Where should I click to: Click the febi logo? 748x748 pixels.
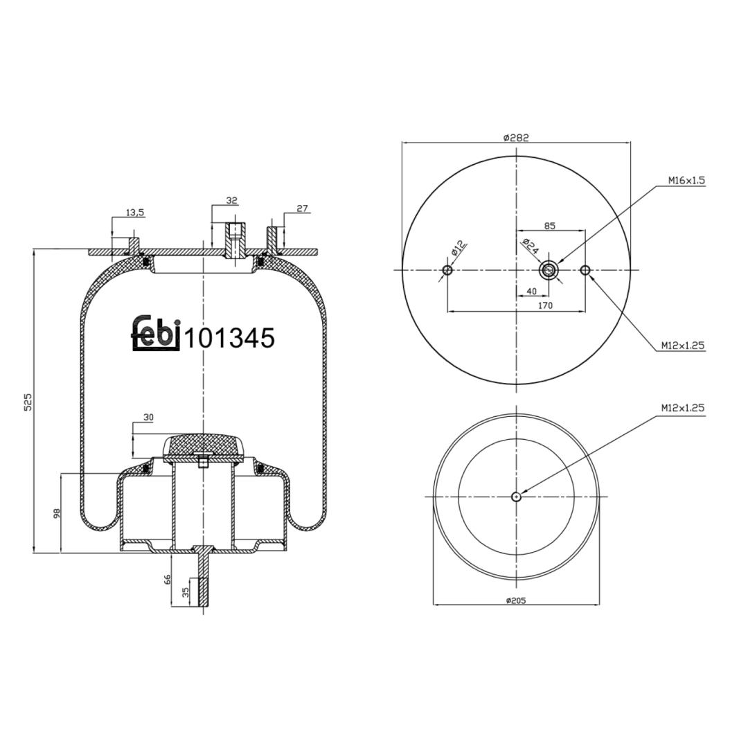point(155,333)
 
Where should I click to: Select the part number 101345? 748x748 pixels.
point(229,338)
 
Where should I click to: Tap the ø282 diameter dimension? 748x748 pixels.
point(516,138)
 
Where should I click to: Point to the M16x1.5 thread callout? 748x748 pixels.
point(686,180)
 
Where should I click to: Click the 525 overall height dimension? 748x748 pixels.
point(28,402)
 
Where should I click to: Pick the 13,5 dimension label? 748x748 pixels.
point(135,213)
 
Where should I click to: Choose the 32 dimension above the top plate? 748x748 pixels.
point(232,200)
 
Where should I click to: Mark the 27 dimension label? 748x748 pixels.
point(303,208)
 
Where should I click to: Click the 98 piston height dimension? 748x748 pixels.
point(56,514)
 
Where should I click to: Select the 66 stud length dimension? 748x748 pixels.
point(167,580)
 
